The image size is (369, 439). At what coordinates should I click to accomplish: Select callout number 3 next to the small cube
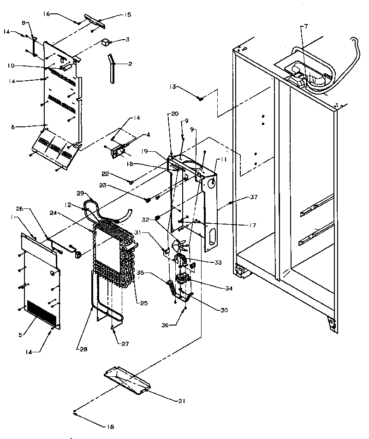point(127,40)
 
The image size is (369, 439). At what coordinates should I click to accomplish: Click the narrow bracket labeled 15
point(95,19)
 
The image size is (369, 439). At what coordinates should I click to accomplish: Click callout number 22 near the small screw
point(106,173)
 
